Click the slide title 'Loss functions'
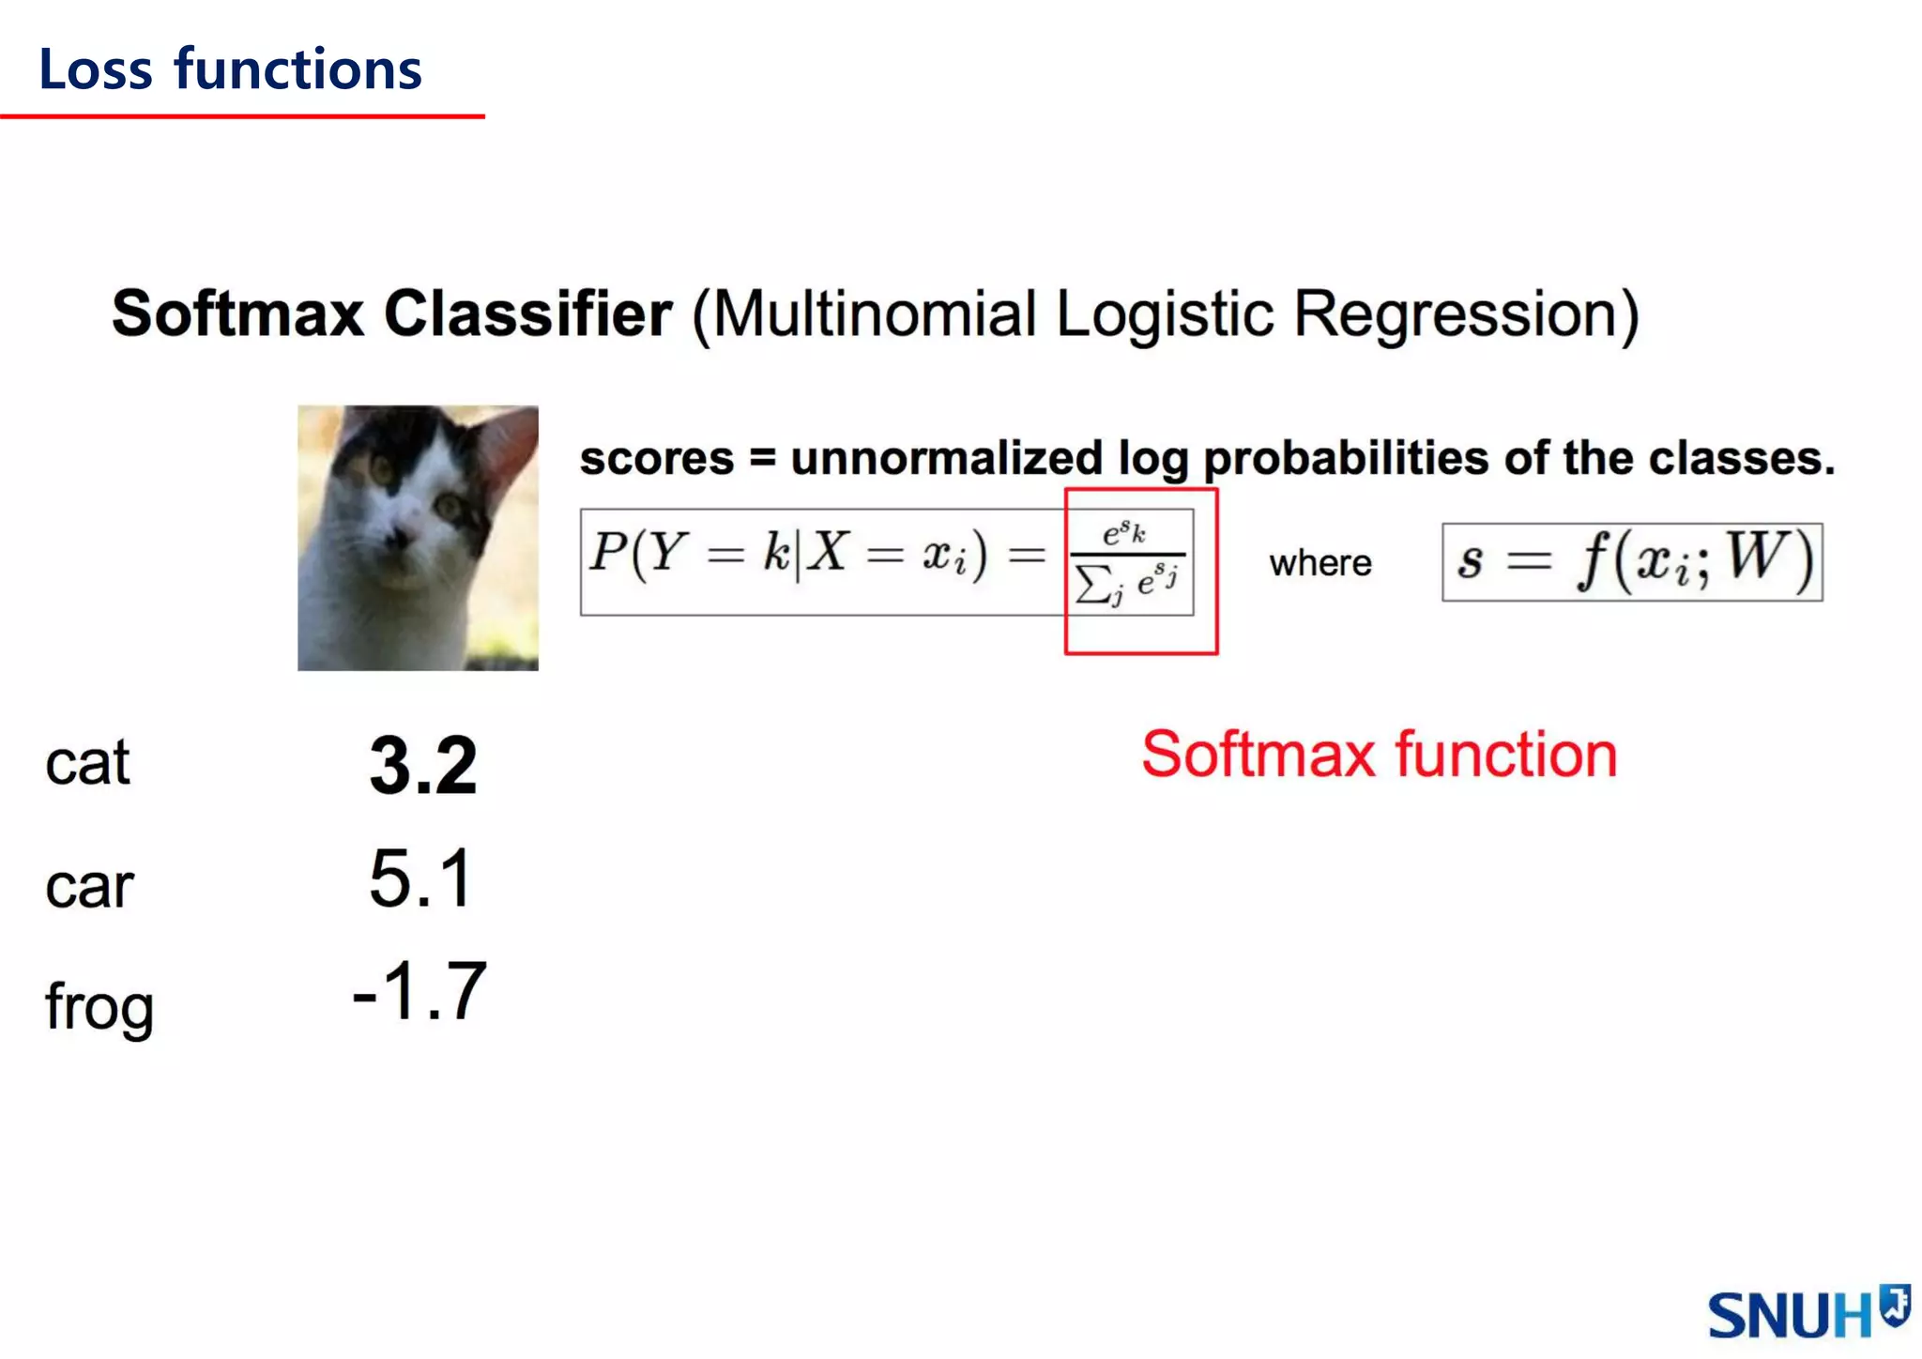coord(230,70)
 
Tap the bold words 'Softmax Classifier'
coord(391,313)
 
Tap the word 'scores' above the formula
coord(656,459)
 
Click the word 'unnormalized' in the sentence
coord(946,459)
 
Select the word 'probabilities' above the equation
coord(1345,459)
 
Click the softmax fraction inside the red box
coord(1128,561)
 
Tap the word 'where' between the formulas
coord(1320,563)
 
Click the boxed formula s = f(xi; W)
coord(1632,561)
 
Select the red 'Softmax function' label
coord(1379,755)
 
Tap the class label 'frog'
coord(99,1008)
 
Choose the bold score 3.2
coord(423,766)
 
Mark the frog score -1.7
coord(419,991)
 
